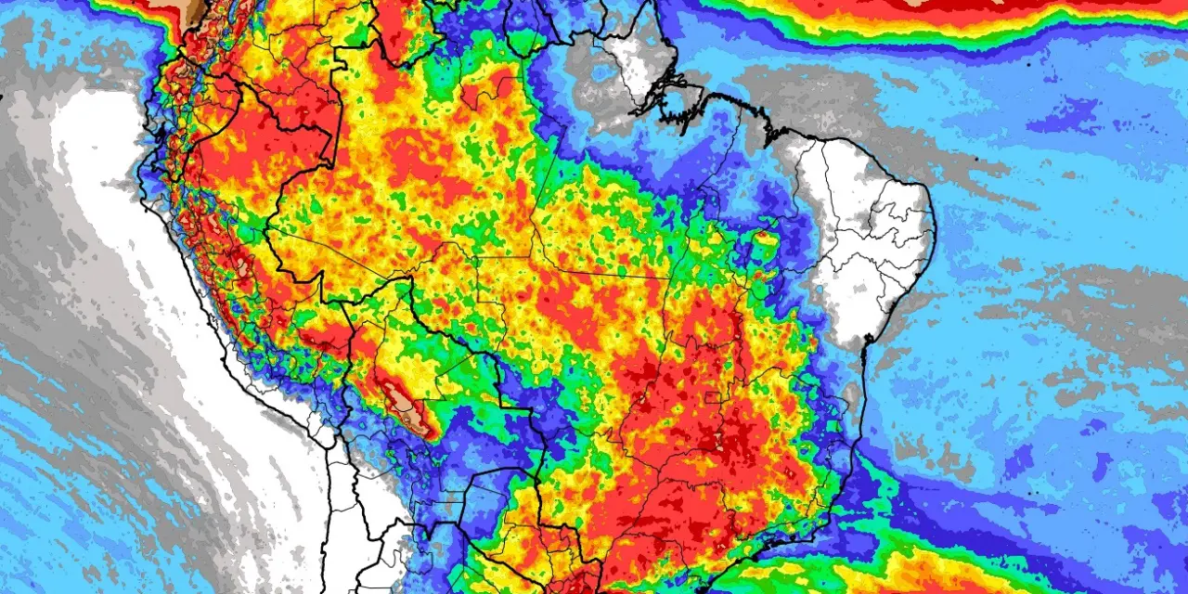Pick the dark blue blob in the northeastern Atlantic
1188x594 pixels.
tap(1067, 116)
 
